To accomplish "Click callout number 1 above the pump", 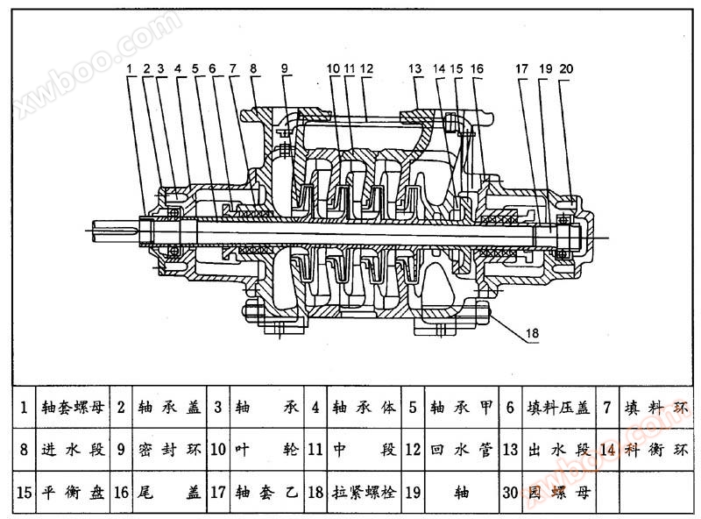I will click(x=129, y=68).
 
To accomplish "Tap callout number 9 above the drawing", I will click(x=284, y=68).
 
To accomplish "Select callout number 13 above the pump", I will click(x=414, y=68).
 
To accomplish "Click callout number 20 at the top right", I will click(x=565, y=68).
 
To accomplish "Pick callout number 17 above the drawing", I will click(x=522, y=68).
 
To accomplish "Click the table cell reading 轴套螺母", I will click(x=74, y=408).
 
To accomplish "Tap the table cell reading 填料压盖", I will click(x=557, y=408).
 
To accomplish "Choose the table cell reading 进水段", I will click(x=74, y=450).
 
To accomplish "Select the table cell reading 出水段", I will click(x=557, y=450).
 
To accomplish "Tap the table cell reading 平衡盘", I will click(x=74, y=492).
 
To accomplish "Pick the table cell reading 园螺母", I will click(x=557, y=492).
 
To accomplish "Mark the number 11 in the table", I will click(x=315, y=450).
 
